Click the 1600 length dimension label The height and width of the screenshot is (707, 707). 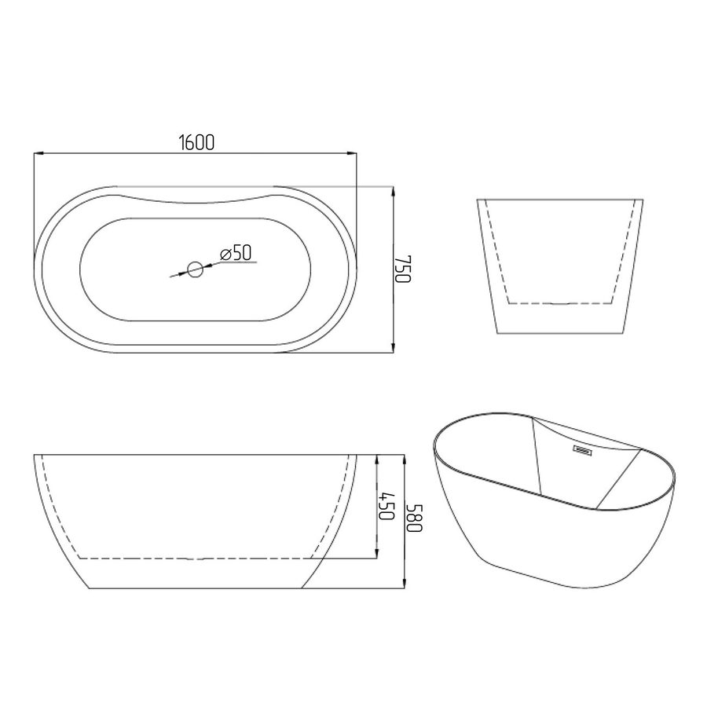pyautogui.click(x=196, y=142)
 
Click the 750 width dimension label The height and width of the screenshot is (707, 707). pyautogui.click(x=404, y=269)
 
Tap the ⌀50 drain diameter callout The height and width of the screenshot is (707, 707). pyautogui.click(x=236, y=253)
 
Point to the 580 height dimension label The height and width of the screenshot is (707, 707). pyautogui.click(x=414, y=517)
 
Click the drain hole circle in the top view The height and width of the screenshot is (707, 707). pyautogui.click(x=196, y=269)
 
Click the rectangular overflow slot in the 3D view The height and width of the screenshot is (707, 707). pyautogui.click(x=582, y=449)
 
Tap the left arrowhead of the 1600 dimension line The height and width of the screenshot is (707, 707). pyautogui.click(x=38, y=154)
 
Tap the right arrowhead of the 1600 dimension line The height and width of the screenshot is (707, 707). pyautogui.click(x=352, y=154)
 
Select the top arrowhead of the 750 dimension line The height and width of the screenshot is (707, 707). pyautogui.click(x=394, y=192)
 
